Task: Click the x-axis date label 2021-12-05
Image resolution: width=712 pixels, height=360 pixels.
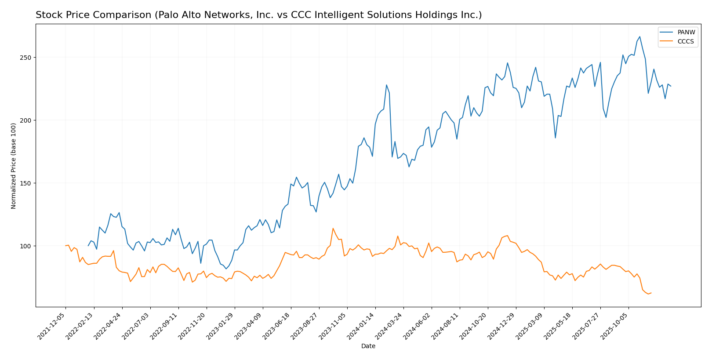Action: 52,326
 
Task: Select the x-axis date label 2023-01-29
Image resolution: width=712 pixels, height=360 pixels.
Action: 221,326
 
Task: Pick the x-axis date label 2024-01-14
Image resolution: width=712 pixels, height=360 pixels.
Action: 362,326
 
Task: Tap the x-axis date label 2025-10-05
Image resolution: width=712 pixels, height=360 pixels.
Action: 615,326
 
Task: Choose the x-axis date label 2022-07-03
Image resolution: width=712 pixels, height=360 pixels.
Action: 137,326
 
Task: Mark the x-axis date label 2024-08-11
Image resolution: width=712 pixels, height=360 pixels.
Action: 446,326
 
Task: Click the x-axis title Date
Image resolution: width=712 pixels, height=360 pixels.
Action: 368,346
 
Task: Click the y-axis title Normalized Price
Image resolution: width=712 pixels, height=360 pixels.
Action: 14,166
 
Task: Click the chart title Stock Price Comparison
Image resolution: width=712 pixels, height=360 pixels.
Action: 258,15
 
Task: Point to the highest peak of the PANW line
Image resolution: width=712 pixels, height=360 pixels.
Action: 639,36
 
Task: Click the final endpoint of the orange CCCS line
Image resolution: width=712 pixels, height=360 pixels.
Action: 651,293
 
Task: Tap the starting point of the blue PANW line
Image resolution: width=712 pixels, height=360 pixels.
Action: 88,246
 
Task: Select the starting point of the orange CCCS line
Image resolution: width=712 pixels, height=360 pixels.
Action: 65,246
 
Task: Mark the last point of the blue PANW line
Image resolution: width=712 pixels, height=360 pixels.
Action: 671,86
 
